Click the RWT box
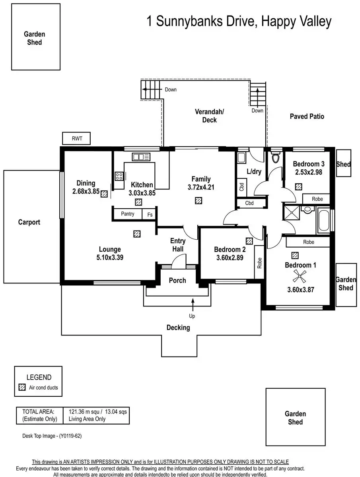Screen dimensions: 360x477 [x=76, y=139]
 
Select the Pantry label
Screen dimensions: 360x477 [x=128, y=214]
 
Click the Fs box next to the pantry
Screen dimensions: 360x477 [x=150, y=214]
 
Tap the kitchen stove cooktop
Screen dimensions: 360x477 [x=119, y=176]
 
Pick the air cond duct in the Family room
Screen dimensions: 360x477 [x=198, y=201]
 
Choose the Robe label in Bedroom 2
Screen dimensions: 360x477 [x=259, y=263]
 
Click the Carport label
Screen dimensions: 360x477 [x=29, y=222]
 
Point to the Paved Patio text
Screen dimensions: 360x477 [x=307, y=116]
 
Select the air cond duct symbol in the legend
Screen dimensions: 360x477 [x=22, y=387]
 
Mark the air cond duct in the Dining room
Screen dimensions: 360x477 [x=104, y=194]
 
